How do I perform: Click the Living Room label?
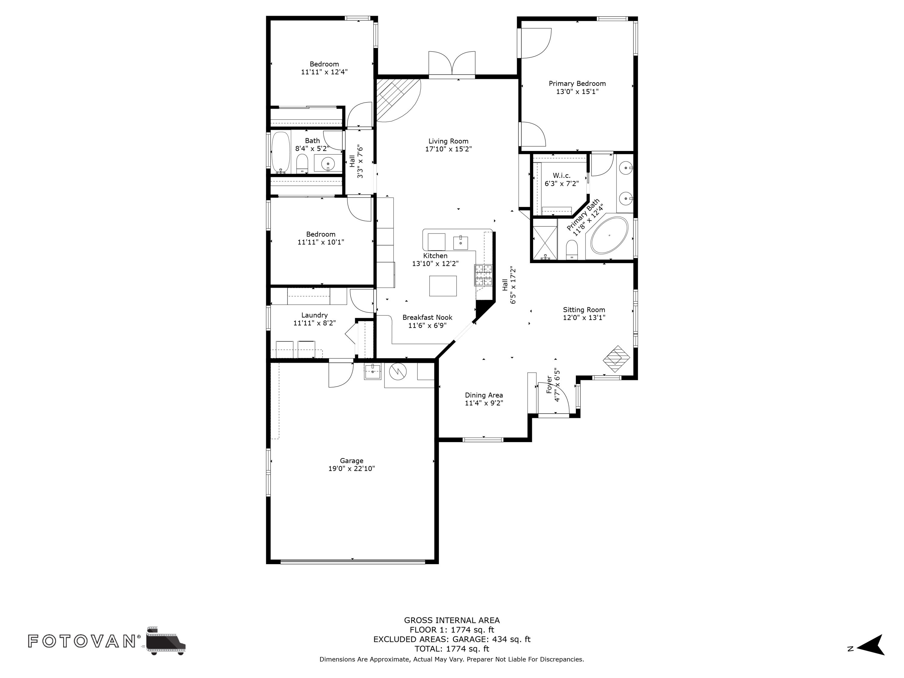point(448,141)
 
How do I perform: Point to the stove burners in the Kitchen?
point(483,275)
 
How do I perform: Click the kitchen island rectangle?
point(443,286)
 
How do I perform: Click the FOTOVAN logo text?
point(82,641)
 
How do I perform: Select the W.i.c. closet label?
point(561,176)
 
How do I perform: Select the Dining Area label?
point(484,395)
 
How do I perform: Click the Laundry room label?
point(314,315)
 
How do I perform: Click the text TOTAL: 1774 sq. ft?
point(452,648)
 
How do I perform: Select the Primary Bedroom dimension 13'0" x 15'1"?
point(577,92)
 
